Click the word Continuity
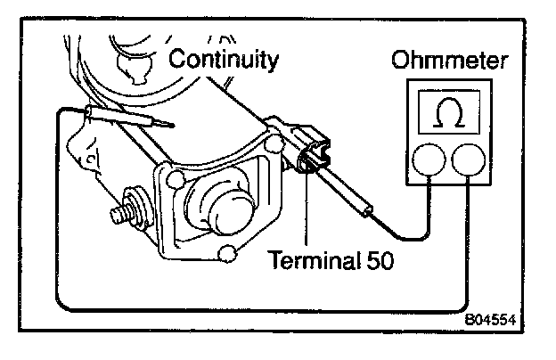(224, 61)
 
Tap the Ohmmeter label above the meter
(451, 61)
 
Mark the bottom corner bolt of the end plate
(229, 255)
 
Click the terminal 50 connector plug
(312, 152)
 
